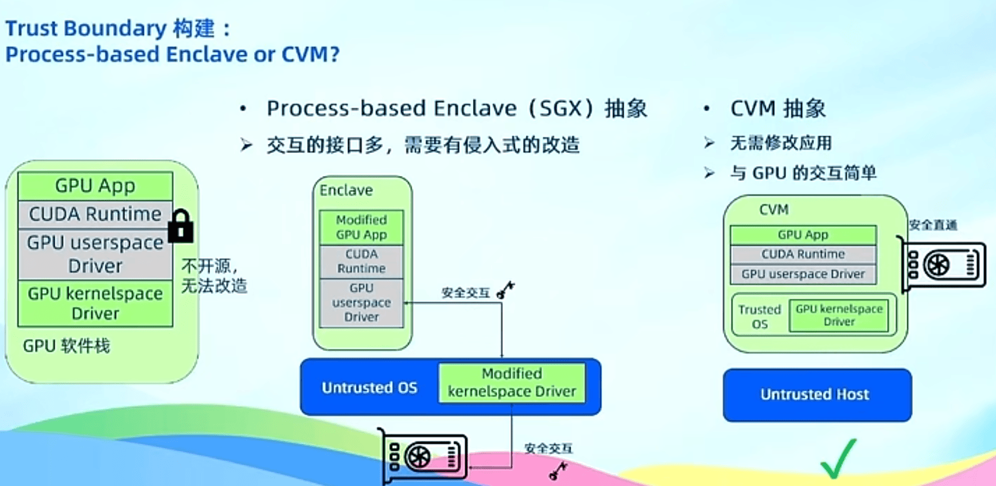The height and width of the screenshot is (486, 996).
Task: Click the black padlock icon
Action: pyautogui.click(x=181, y=226)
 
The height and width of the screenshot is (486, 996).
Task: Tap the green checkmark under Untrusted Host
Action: pyautogui.click(x=838, y=459)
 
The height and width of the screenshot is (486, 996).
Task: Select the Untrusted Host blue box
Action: pyautogui.click(x=817, y=395)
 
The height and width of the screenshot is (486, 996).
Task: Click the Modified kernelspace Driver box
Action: pyautogui.click(x=512, y=382)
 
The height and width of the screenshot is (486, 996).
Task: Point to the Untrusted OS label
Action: pyautogui.click(x=369, y=388)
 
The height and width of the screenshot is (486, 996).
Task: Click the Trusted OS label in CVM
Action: pyautogui.click(x=759, y=316)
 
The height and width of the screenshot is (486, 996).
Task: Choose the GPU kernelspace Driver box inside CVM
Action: pyautogui.click(x=839, y=315)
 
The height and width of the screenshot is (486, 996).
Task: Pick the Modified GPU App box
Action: pyautogui.click(x=361, y=227)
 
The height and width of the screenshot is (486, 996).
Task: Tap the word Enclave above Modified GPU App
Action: pyautogui.click(x=346, y=190)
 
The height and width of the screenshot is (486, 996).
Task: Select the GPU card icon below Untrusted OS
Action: pyautogui.click(x=424, y=457)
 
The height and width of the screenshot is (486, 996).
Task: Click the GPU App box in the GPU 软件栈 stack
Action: pyautogui.click(x=95, y=186)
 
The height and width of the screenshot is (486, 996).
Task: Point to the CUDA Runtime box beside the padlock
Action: pyautogui.click(x=95, y=214)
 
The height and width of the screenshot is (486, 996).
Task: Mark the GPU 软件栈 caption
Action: pyautogui.click(x=66, y=346)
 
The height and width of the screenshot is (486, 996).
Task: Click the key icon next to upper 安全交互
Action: pyautogui.click(x=506, y=290)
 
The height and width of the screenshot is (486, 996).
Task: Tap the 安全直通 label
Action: pyautogui.click(x=933, y=225)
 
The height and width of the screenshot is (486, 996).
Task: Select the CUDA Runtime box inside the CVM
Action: pyautogui.click(x=803, y=254)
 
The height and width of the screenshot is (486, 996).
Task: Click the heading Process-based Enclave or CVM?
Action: pyautogui.click(x=173, y=55)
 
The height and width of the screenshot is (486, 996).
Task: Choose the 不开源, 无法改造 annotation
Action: pyautogui.click(x=214, y=276)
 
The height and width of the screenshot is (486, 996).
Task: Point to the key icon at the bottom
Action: pyautogui.click(x=558, y=471)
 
